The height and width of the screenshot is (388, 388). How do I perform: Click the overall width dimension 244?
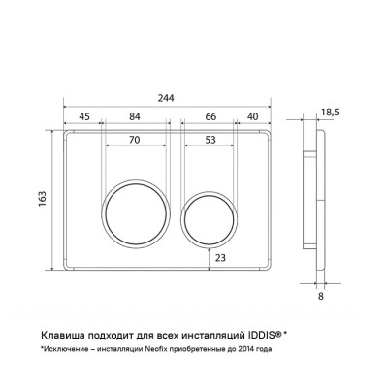(x=166, y=98)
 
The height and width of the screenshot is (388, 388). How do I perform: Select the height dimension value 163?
(x=43, y=199)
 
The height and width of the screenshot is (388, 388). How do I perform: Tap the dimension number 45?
(x=84, y=116)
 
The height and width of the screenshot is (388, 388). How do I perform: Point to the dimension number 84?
(x=135, y=116)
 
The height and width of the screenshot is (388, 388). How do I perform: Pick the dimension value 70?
(x=135, y=140)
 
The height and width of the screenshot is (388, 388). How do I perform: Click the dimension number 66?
(x=210, y=116)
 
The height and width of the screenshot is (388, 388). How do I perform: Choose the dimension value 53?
(x=210, y=140)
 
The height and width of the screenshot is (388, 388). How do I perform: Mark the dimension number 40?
(x=253, y=116)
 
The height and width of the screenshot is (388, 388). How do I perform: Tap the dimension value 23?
(x=220, y=258)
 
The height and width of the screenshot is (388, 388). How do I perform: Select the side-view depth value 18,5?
(x=330, y=112)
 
